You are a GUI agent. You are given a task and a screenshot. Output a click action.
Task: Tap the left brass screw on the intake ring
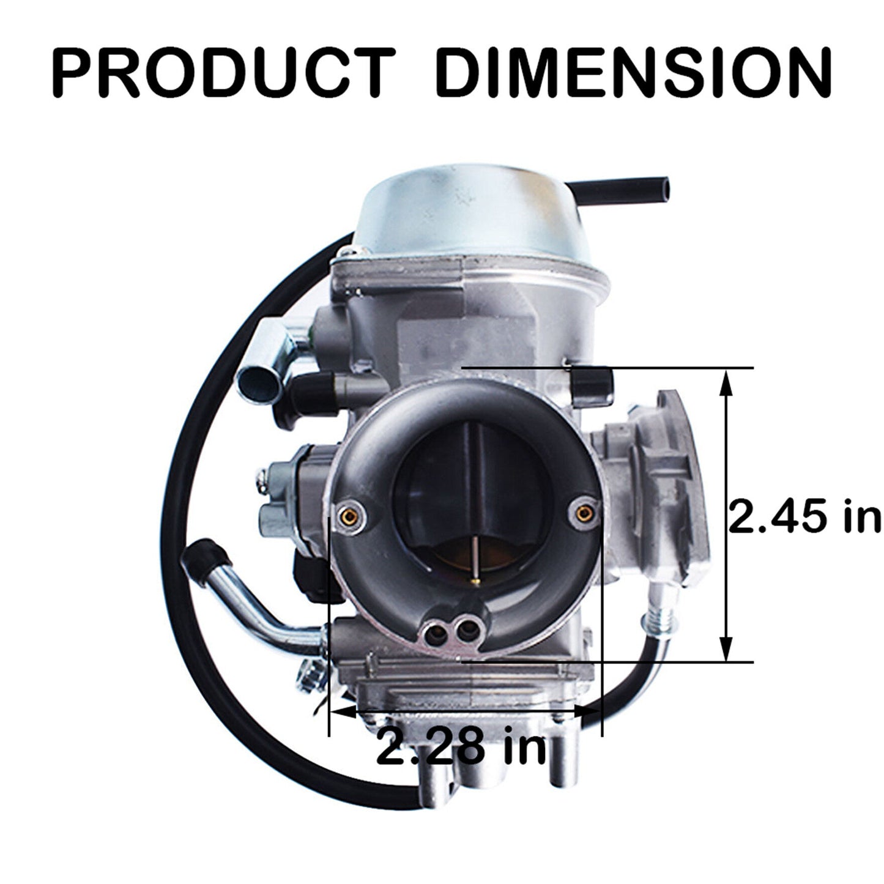tap(349, 517)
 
